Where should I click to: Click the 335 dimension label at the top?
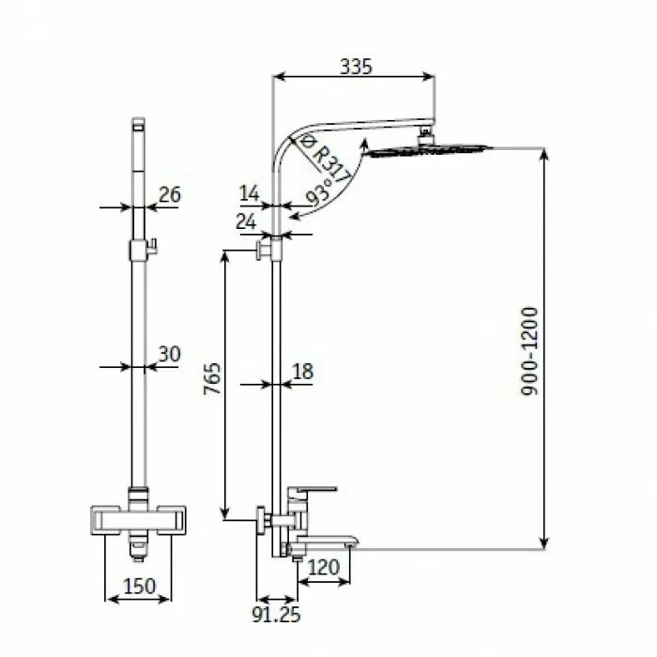pyautogui.click(x=356, y=66)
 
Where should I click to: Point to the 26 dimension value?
pyautogui.click(x=169, y=195)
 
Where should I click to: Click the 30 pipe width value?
pyautogui.click(x=169, y=354)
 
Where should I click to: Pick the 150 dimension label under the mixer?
pyautogui.click(x=140, y=587)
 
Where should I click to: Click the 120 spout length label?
pyautogui.click(x=323, y=566)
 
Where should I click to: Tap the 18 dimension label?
pyautogui.click(x=302, y=372)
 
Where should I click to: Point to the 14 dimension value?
pyautogui.click(x=249, y=193)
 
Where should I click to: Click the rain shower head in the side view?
pyautogui.click(x=427, y=150)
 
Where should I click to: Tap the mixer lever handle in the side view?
pyautogui.click(x=312, y=491)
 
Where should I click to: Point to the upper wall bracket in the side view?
pyautogui.click(x=270, y=249)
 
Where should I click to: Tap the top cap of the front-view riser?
pyautogui.click(x=139, y=122)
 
